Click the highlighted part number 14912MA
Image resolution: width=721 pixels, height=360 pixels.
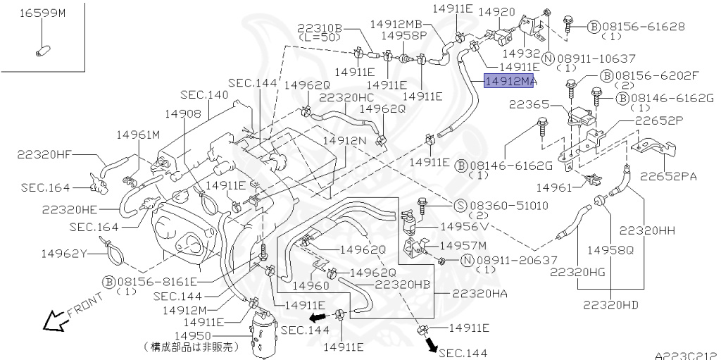(x=510, y=82)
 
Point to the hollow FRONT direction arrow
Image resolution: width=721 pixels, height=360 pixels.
(x=54, y=321)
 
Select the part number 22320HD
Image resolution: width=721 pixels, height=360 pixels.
(x=610, y=305)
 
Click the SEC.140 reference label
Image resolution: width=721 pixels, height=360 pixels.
(x=204, y=94)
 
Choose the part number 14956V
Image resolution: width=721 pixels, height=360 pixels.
(x=464, y=227)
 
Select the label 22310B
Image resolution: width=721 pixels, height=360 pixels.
(x=320, y=27)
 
